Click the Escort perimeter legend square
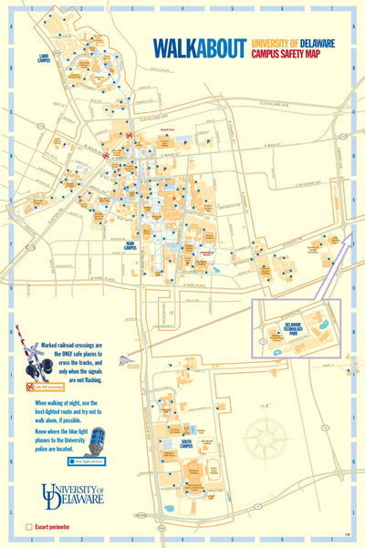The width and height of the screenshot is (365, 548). [x=29, y=527]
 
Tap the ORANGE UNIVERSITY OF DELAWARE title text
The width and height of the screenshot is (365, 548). [x=295, y=42]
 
